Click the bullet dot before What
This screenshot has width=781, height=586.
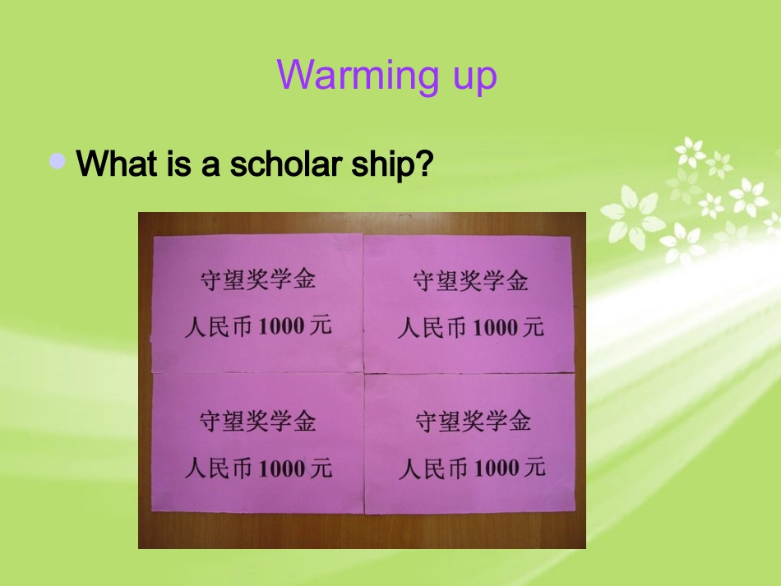click(57, 161)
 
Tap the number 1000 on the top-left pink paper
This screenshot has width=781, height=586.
click(280, 327)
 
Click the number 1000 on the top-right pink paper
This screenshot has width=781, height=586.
click(496, 329)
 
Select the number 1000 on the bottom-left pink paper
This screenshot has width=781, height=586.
click(281, 469)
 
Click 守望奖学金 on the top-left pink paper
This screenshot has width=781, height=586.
click(257, 279)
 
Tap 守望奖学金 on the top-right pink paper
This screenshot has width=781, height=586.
click(470, 282)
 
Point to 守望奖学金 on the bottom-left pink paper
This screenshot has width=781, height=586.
click(257, 422)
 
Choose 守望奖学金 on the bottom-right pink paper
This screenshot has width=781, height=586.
click(473, 422)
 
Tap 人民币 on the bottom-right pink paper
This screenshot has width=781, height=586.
click(434, 469)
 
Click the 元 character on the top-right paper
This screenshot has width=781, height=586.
click(533, 327)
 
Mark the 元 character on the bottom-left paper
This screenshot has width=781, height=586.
click(321, 468)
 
